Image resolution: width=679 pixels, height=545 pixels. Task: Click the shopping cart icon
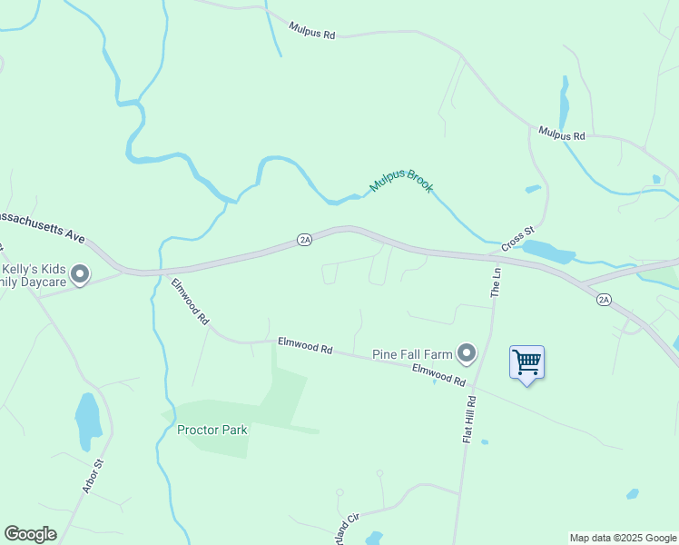coord(526,362)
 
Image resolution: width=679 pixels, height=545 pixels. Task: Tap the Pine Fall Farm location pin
coord(467,352)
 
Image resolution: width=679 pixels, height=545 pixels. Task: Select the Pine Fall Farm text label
coord(411,353)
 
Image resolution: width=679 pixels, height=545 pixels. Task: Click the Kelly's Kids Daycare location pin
coord(80,272)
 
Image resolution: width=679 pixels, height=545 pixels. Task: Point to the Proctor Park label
coord(212,430)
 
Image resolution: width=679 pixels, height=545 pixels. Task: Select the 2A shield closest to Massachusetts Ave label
coord(304,240)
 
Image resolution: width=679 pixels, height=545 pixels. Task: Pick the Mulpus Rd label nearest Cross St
coord(562,134)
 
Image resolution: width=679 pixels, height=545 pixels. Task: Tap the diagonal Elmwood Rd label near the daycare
coord(191,302)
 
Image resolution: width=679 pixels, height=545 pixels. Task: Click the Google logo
coord(30,534)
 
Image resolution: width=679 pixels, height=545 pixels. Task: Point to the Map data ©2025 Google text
coord(623,538)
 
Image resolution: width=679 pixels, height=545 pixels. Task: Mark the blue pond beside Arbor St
coord(88,421)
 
